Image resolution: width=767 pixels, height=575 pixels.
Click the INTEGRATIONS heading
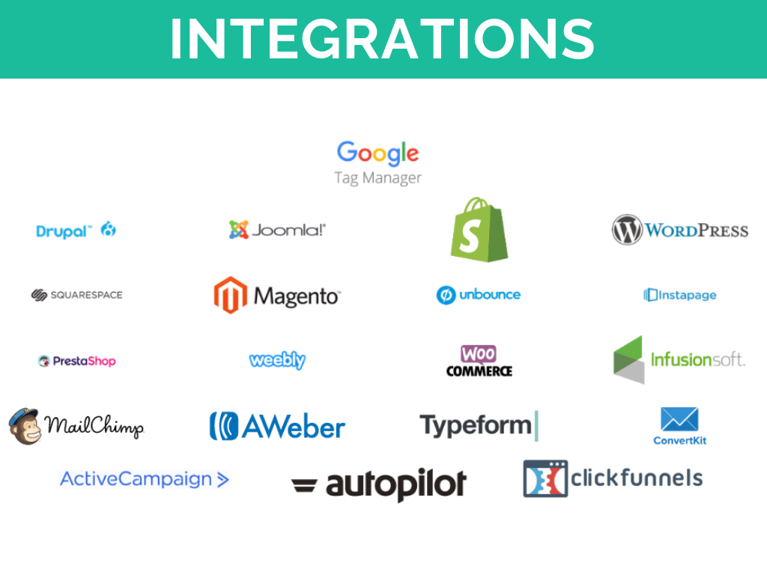382,38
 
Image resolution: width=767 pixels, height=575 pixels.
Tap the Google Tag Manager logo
378,162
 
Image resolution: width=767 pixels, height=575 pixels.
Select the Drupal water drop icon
109,229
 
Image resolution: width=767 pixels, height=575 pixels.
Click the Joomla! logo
277,230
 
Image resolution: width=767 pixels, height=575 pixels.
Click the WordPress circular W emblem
627,230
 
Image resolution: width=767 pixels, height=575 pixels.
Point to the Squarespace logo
76,295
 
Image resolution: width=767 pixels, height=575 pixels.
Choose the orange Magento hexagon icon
230,295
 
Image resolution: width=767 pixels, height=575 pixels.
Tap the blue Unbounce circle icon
446,295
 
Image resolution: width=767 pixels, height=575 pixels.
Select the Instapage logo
679,295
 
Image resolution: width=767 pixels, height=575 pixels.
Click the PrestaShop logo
76,361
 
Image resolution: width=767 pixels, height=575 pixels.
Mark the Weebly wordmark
277,360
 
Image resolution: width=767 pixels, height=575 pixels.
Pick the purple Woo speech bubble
478,353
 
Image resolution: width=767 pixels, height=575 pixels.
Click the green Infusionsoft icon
628,359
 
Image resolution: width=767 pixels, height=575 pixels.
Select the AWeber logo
277,426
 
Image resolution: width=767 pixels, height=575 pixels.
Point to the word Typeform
475,425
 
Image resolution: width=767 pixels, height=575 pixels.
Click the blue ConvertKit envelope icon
679,420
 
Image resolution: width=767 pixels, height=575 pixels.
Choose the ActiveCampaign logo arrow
222,479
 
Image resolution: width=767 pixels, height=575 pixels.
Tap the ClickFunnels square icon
545,478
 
